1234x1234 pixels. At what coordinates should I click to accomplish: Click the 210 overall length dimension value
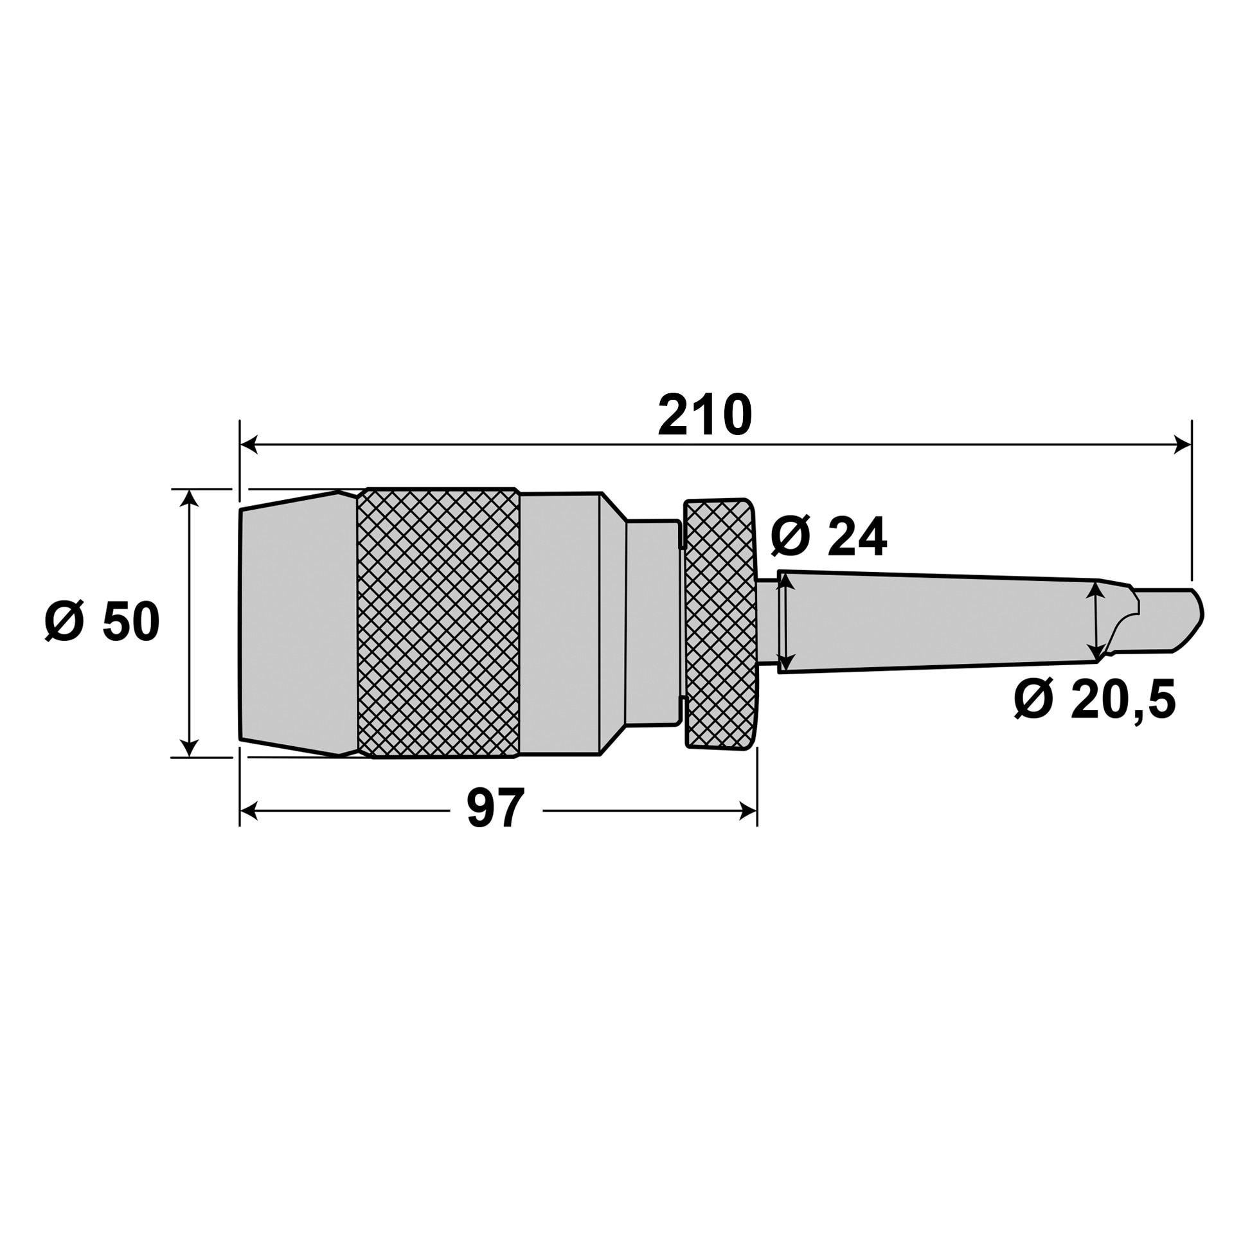[x=704, y=415]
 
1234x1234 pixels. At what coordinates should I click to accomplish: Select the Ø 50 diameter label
[x=102, y=622]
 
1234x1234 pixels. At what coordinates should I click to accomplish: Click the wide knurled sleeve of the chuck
[x=438, y=622]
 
